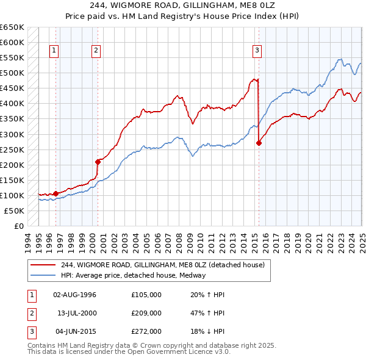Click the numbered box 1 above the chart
pos(55,51)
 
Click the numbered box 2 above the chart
pos(96,51)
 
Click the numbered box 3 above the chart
pos(257,51)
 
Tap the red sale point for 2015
pos(259,143)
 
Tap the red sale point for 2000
pos(98,162)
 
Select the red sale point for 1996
pos(56,193)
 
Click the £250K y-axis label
pos(13,149)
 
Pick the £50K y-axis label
pos(15,211)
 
